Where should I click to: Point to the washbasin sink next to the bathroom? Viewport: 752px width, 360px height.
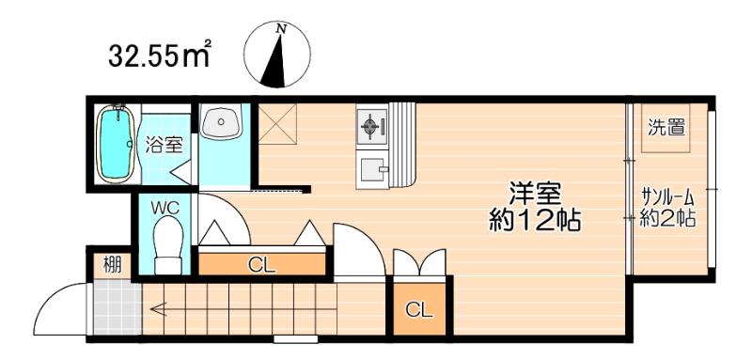(x=221, y=121)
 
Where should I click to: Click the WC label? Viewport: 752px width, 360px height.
(x=165, y=205)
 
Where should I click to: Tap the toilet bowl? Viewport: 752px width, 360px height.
(x=166, y=243)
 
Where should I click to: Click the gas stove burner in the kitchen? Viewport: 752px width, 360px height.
(x=370, y=124)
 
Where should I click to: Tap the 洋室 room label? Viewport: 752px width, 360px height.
(x=535, y=194)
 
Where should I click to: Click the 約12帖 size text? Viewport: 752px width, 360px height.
(x=535, y=222)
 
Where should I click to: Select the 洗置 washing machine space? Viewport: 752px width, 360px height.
(x=666, y=128)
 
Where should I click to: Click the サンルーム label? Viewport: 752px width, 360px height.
(x=667, y=197)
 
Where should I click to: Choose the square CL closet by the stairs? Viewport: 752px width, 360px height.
(x=419, y=309)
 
